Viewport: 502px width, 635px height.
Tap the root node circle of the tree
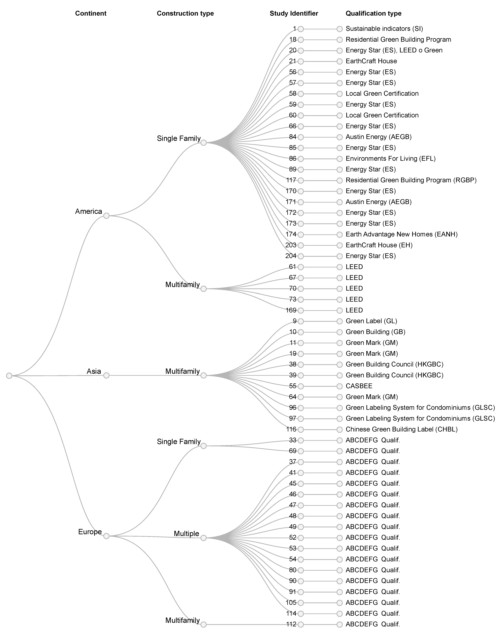coord(9,376)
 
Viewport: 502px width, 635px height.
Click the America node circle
coord(106,216)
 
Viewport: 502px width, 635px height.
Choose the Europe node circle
coord(106,536)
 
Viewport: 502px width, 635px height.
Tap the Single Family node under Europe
coord(203,446)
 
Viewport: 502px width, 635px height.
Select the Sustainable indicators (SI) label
coord(384,29)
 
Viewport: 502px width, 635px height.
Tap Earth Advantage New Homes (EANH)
coord(401,234)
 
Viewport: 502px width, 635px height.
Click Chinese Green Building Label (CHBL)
coord(401,429)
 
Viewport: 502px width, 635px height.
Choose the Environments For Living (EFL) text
coord(390,158)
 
